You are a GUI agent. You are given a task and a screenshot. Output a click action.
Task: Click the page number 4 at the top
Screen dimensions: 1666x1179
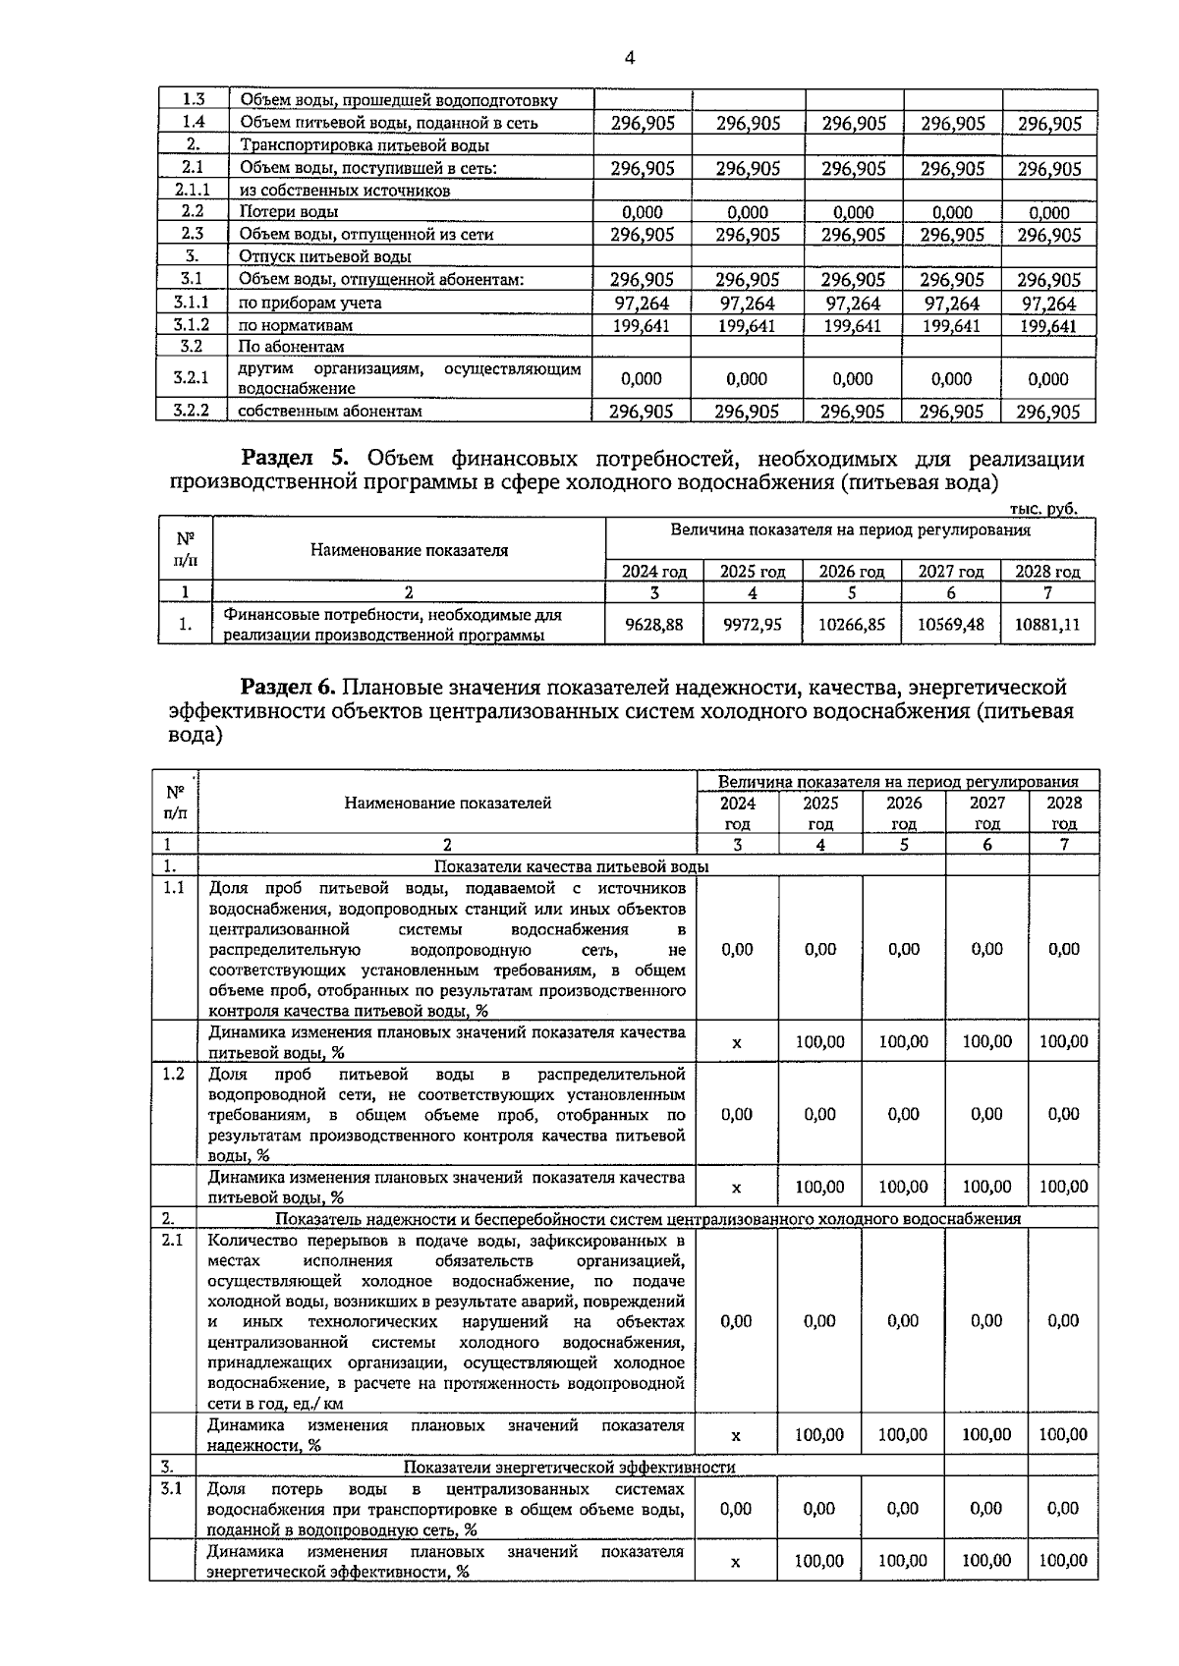(x=630, y=58)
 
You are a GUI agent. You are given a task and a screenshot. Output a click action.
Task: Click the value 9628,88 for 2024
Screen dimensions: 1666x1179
(x=654, y=624)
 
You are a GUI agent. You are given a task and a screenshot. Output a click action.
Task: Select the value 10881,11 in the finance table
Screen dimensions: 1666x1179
(x=1047, y=624)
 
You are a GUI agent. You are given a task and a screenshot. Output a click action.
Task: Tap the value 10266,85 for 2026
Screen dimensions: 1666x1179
(x=851, y=624)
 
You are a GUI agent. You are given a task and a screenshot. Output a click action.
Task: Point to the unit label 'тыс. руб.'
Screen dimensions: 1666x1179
(x=1043, y=508)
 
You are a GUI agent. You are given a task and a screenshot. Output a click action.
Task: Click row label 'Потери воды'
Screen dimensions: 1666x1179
(x=289, y=212)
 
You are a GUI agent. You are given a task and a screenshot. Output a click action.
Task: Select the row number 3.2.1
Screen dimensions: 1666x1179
(x=192, y=378)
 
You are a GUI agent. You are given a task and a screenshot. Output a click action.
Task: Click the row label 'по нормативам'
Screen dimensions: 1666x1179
(x=296, y=325)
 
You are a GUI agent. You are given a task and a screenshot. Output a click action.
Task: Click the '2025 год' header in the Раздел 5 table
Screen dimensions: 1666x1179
(x=753, y=572)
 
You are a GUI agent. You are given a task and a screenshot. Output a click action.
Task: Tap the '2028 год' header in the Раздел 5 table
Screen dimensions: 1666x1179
(x=1047, y=572)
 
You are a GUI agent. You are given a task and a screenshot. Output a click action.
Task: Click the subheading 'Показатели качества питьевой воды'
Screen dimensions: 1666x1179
(x=572, y=866)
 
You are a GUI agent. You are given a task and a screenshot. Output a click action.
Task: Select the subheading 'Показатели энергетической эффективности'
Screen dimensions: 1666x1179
(x=570, y=1468)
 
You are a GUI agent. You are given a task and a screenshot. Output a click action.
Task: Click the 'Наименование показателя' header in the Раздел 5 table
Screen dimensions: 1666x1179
(x=409, y=550)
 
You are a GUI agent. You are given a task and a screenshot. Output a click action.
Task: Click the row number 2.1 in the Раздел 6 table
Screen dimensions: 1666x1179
(x=173, y=1241)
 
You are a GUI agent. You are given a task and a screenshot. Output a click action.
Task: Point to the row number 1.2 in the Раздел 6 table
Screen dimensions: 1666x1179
(x=173, y=1074)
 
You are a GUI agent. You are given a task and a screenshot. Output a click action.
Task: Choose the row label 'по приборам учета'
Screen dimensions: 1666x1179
(x=310, y=304)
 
